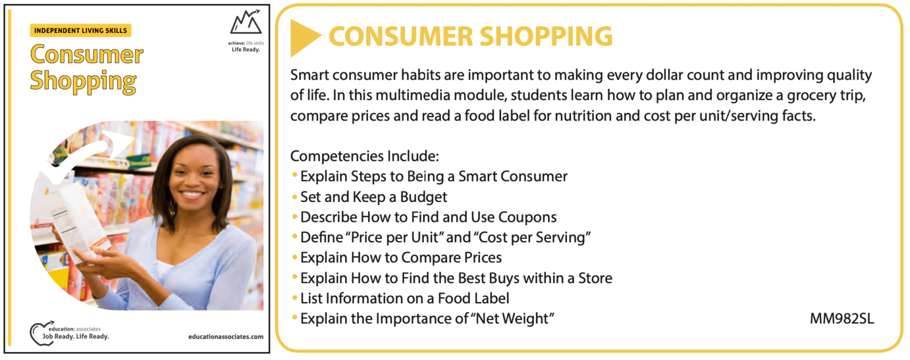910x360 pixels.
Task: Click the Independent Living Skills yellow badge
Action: [80, 31]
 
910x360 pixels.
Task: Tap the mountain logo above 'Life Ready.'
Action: [246, 22]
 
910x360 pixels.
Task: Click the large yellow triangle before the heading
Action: [305, 38]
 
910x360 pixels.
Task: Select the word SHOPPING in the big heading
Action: [546, 36]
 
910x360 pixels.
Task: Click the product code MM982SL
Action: [842, 318]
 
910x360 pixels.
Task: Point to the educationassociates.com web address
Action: [225, 337]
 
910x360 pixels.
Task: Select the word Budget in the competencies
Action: [423, 197]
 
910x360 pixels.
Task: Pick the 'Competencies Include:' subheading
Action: [365, 156]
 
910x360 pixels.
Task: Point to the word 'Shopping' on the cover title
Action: [83, 81]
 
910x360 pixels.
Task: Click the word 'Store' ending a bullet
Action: [595, 278]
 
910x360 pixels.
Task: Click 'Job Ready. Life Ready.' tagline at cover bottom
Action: [76, 337]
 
